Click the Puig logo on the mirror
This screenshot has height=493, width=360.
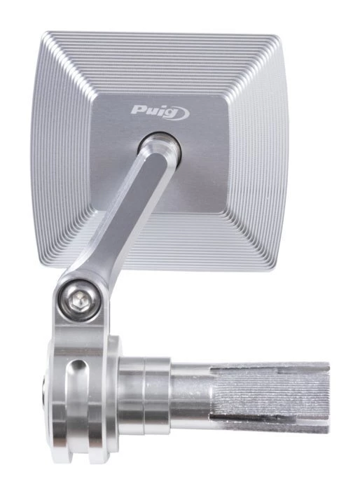click(160, 112)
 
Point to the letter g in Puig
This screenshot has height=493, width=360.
click(169, 114)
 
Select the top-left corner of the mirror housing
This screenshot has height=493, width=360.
click(46, 32)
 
